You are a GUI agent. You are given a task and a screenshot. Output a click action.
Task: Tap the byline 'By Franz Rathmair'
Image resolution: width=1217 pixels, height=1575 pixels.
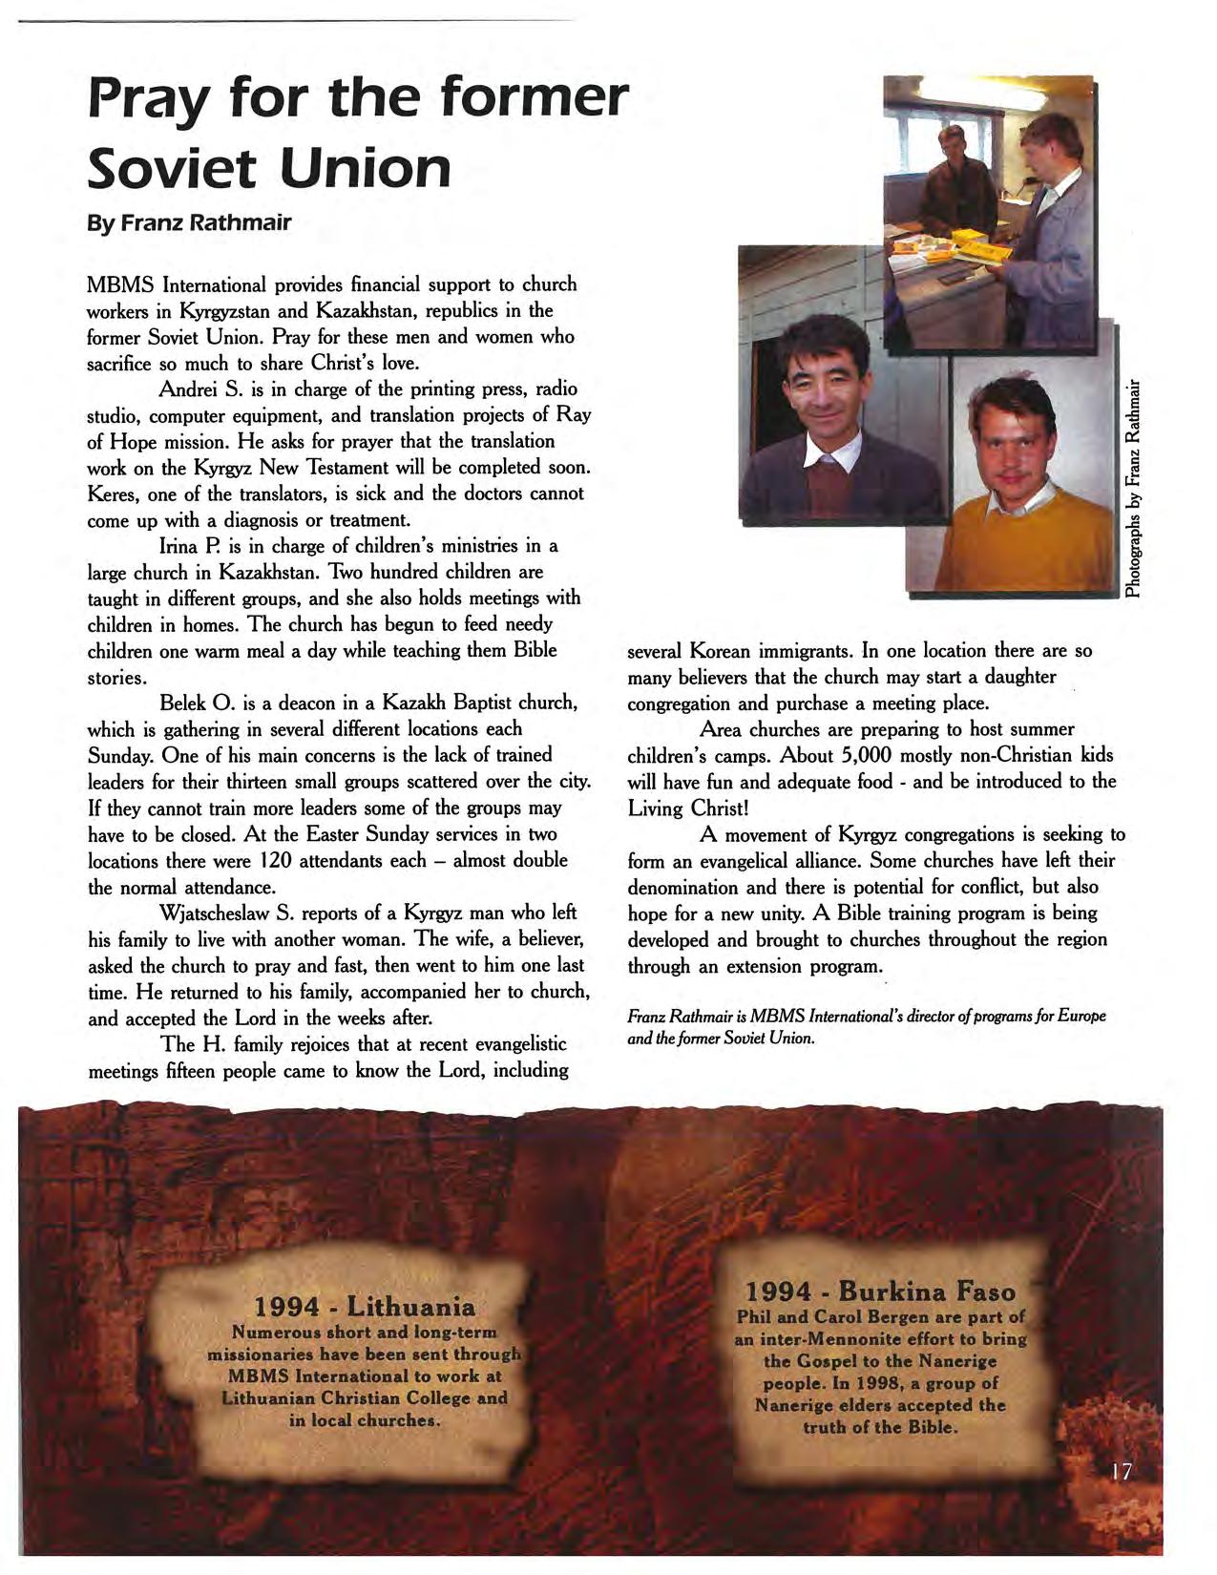pos(189,223)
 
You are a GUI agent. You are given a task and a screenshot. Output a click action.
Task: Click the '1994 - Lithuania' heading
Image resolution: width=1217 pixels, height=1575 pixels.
pos(364,1306)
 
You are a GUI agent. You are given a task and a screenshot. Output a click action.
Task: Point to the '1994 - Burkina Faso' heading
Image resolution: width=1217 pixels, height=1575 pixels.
pos(879,1291)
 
